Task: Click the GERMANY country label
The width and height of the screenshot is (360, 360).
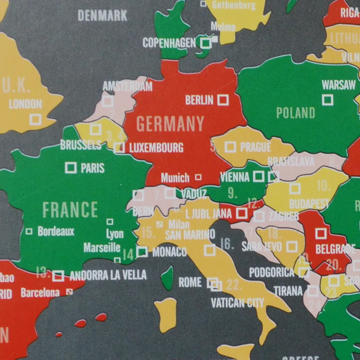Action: (170, 124)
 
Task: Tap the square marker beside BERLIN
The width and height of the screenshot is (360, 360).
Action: (223, 100)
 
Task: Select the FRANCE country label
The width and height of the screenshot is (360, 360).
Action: (70, 210)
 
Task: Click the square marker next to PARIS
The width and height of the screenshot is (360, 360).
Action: (71, 167)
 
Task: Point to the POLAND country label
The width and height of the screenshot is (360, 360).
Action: (296, 113)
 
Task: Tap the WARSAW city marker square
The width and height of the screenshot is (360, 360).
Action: (327, 100)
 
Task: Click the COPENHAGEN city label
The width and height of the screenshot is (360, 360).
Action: (169, 43)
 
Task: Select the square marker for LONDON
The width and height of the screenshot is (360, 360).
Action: (35, 119)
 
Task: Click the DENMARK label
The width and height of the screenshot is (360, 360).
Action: (103, 15)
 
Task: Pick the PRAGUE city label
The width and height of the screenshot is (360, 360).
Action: (256, 147)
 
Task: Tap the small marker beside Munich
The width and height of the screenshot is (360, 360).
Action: (198, 177)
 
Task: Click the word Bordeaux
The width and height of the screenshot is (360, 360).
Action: (56, 231)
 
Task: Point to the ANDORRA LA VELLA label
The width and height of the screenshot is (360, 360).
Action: (108, 275)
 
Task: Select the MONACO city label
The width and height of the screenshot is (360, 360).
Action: (169, 252)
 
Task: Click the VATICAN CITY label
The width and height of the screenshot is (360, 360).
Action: (237, 303)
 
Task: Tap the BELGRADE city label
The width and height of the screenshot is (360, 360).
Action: (335, 249)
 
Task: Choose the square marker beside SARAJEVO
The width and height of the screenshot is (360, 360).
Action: (292, 247)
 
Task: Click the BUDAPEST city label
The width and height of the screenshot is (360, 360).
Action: (309, 204)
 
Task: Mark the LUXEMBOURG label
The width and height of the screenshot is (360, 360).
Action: (156, 148)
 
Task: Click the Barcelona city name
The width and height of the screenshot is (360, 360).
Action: (40, 293)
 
